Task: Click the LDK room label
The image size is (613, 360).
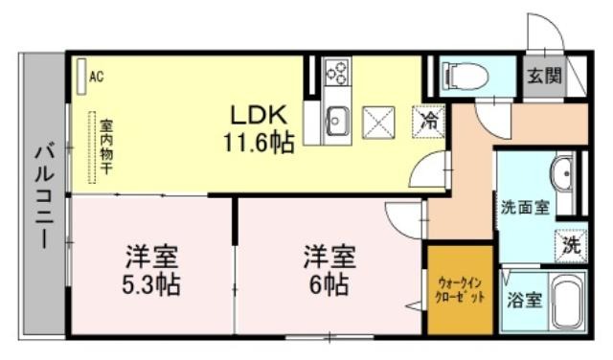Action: [x=260, y=115]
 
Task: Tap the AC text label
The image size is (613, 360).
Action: [x=97, y=77]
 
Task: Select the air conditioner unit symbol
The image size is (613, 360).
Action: [x=81, y=77]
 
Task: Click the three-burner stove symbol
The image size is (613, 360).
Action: [x=337, y=72]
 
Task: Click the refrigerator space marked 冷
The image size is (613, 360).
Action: [x=428, y=122]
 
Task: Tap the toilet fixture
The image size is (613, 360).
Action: [x=465, y=76]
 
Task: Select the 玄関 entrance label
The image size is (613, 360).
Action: [x=545, y=76]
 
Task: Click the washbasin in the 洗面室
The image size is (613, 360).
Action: [x=562, y=173]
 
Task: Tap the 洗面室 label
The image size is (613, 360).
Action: [x=526, y=207]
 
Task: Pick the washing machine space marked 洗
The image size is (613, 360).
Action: [x=571, y=246]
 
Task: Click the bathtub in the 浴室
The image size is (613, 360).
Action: [x=567, y=301]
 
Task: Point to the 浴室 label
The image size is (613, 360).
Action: [x=524, y=301]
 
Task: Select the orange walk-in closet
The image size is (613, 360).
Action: [x=460, y=290]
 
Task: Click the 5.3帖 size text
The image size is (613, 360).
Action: [x=151, y=285]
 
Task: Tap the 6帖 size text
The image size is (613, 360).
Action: [x=329, y=285]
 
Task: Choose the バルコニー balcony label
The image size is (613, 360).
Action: [x=44, y=195]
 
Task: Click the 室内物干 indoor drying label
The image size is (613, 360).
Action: [x=105, y=147]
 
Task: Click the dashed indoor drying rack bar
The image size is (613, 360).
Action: [x=92, y=147]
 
